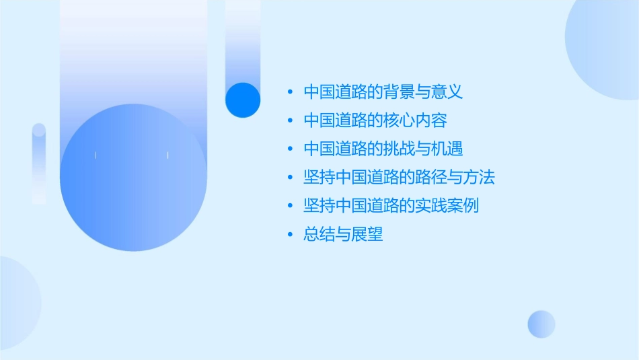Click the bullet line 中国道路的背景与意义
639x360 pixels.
pos(383,92)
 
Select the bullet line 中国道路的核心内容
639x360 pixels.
pos(375,120)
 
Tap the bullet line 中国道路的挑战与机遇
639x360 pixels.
pos(383,149)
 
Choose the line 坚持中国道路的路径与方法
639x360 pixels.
pos(400,178)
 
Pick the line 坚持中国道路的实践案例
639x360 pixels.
pos(391,206)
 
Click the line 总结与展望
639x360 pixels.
pos(343,235)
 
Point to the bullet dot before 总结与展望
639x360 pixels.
pos(290,235)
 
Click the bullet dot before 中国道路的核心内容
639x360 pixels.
pos(290,120)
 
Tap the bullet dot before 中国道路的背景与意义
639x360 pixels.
pos(290,92)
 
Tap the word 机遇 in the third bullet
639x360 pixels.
pos(455,149)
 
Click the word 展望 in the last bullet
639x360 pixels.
pos(367,235)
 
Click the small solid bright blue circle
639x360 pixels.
pos(242,100)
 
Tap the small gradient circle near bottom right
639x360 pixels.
pos(541,324)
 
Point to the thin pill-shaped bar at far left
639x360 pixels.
pos(39,164)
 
